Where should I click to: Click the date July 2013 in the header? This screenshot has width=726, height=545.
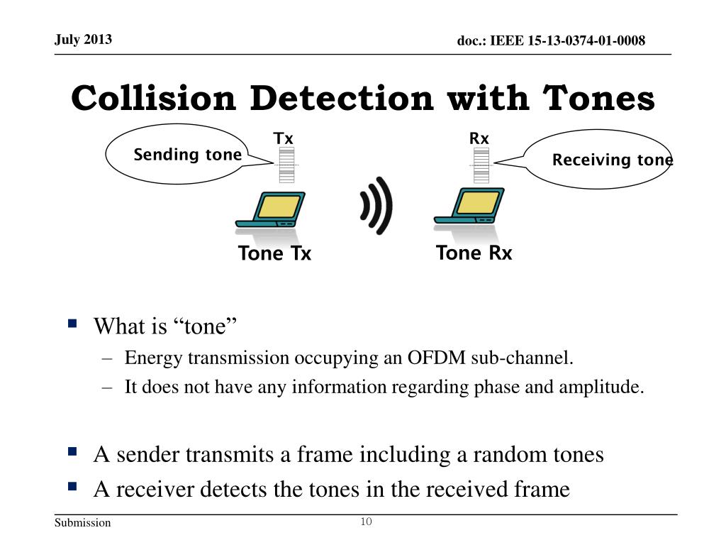pos(83,39)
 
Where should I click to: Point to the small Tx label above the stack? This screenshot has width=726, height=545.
pos(284,138)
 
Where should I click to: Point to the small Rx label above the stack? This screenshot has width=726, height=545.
pos(479,138)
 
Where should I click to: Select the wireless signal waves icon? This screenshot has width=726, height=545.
pos(375,206)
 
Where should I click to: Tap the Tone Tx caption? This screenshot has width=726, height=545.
pos(274,253)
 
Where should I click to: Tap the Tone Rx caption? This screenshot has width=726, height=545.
pos(474,253)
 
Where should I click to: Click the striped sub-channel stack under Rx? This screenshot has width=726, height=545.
pos(480,165)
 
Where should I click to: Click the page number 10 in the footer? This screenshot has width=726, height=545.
pos(367,522)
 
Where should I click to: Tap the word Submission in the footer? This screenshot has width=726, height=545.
pos(83,523)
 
